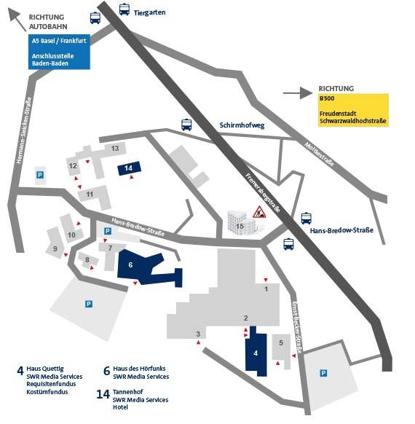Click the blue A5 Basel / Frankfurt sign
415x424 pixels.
pyautogui.click(x=59, y=52)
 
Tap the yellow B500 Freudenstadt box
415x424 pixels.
pyautogui.click(x=353, y=110)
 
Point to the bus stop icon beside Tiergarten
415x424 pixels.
pyautogui.click(x=125, y=9)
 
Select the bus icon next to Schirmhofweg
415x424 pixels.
pyautogui.click(x=186, y=125)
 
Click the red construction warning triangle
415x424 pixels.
pyautogui.click(x=259, y=212)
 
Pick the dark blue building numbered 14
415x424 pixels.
pyautogui.click(x=129, y=168)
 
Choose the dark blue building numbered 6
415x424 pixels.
pyautogui.click(x=141, y=267)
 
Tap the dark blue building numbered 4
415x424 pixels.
pyautogui.click(x=256, y=352)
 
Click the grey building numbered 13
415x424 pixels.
pyautogui.click(x=115, y=149)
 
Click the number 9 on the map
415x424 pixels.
pyautogui.click(x=55, y=248)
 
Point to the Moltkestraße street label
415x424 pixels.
pyautogui.click(x=319, y=154)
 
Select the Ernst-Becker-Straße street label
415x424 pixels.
pyautogui.click(x=297, y=327)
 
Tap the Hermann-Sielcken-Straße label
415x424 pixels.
pyautogui.click(x=24, y=130)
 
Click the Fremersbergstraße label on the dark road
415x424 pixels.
pyautogui.click(x=263, y=193)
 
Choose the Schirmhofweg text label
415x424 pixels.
pyautogui.click(x=242, y=125)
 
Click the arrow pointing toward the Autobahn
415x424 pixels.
pyautogui.click(x=17, y=20)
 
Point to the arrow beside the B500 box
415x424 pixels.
pyautogui.click(x=298, y=93)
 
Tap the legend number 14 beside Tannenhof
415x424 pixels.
pyautogui.click(x=103, y=394)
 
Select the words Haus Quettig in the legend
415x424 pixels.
pyautogui.click(x=45, y=369)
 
